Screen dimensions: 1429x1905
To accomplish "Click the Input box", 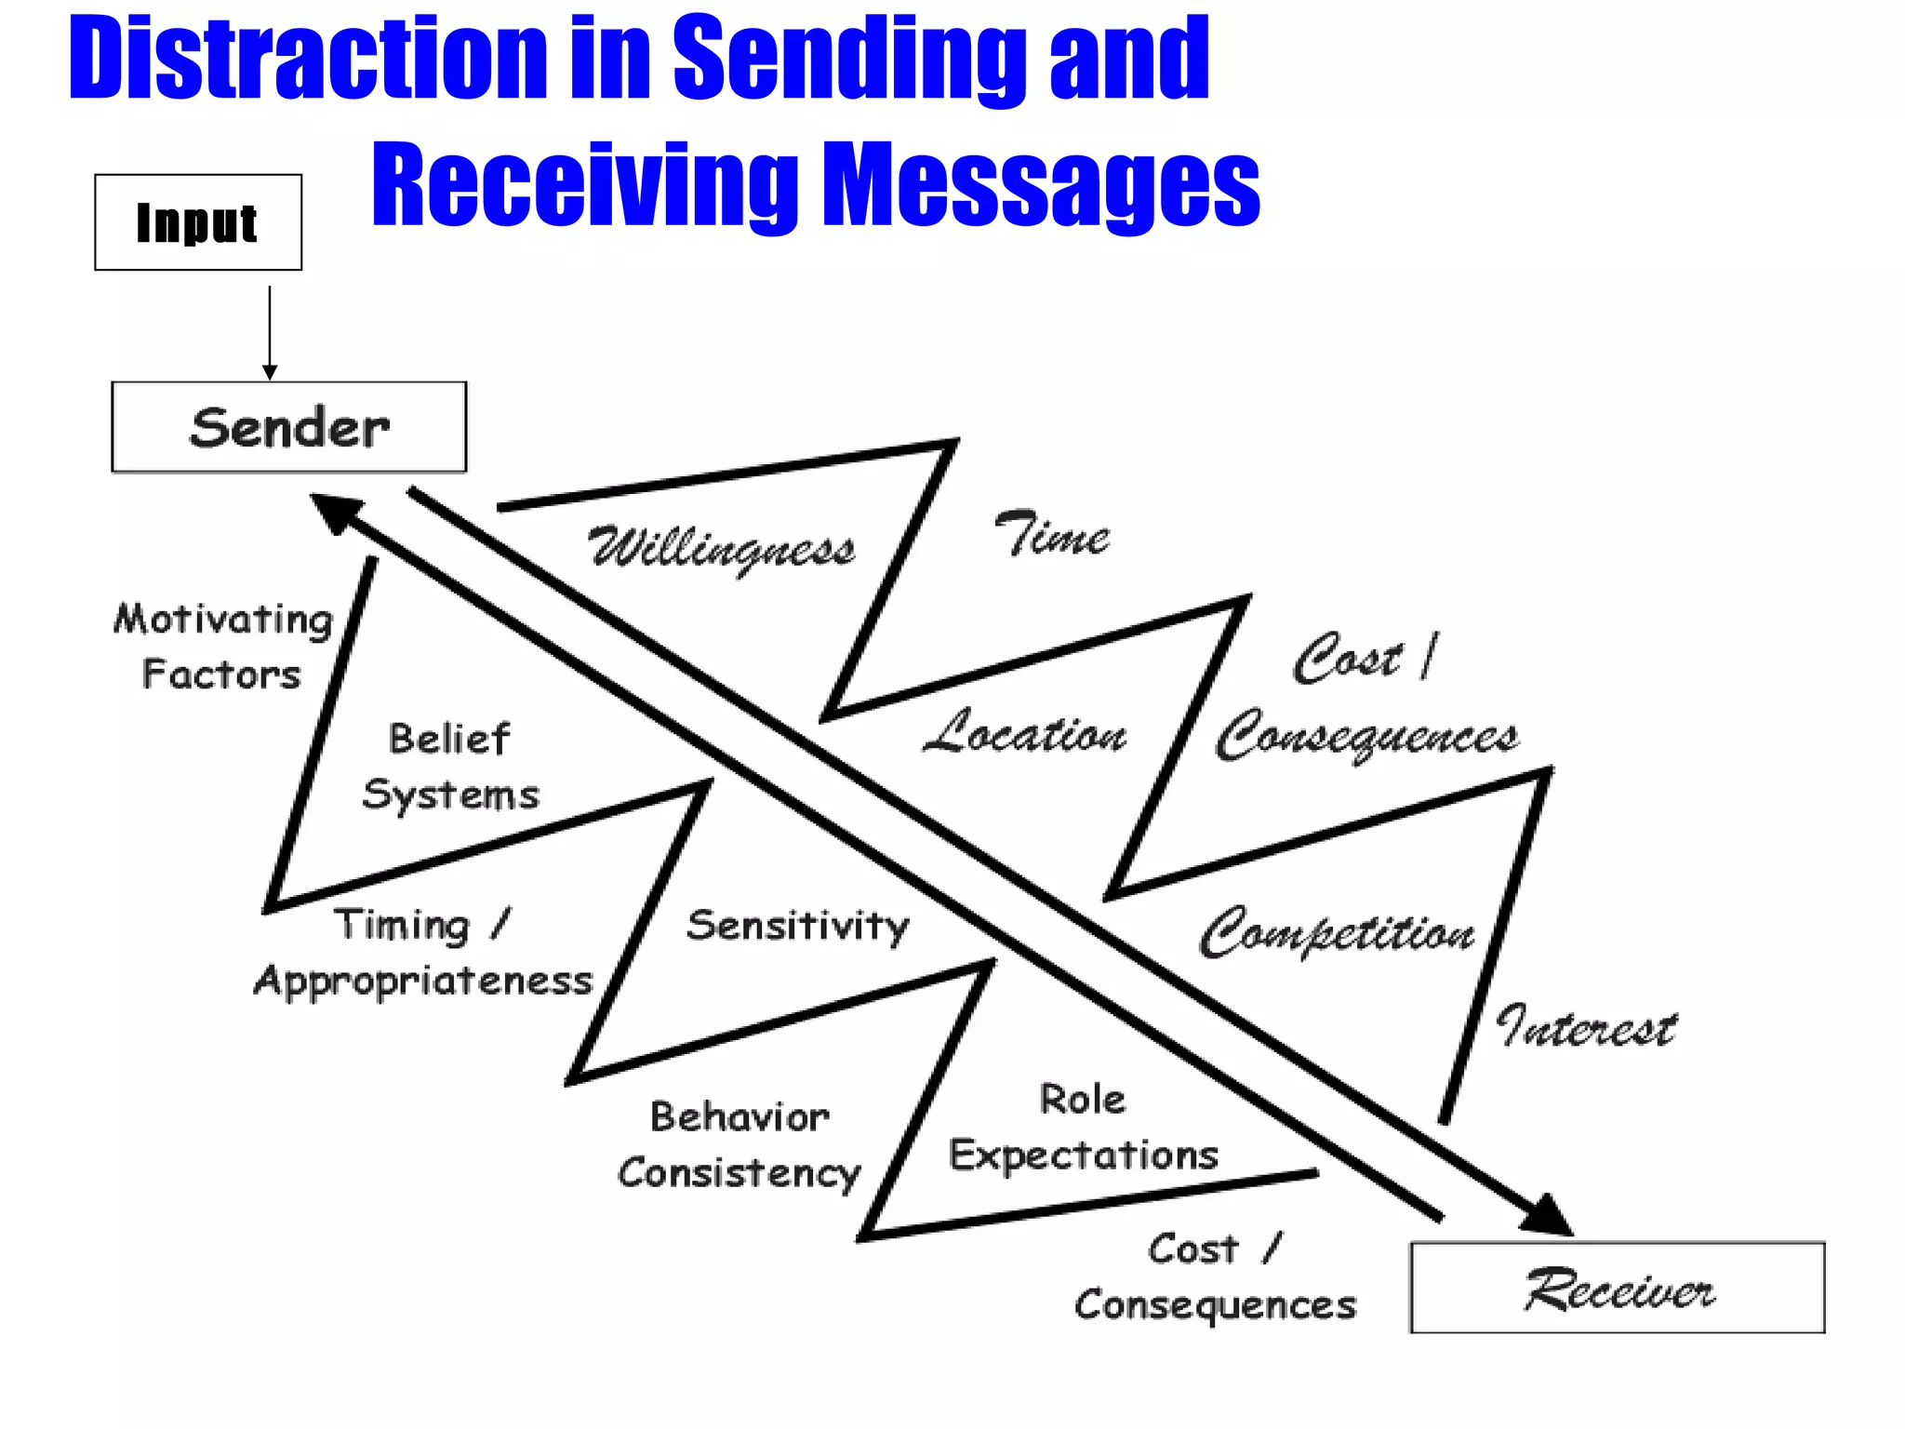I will point(198,222).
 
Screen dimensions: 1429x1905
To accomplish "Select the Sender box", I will point(288,427).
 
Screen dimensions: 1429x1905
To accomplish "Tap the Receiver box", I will point(1617,1288).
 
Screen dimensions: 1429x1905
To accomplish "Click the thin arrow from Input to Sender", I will point(270,330).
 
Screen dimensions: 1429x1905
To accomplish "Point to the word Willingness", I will point(722,549).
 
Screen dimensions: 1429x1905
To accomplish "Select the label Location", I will point(1025,733).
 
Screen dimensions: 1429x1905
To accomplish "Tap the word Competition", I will point(1338,932).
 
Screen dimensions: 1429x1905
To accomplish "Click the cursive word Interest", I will point(1587,1027).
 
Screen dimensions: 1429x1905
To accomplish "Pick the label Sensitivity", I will point(797,926).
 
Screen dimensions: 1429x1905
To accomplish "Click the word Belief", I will point(449,739).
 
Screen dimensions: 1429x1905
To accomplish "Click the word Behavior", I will point(739,1117).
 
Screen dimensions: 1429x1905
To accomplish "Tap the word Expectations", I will point(1084,1155).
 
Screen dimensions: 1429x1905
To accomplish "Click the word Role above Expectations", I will point(1082,1100).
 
